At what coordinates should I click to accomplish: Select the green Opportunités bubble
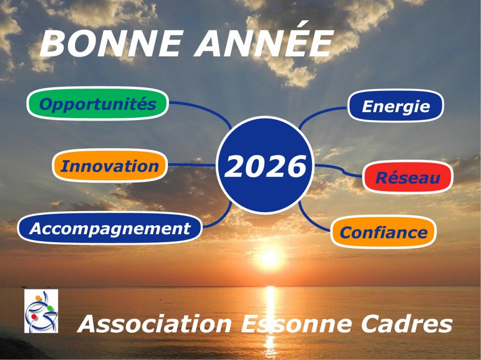[x=98, y=104]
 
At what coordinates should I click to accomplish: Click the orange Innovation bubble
[x=110, y=166]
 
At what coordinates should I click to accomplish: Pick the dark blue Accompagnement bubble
[x=110, y=228]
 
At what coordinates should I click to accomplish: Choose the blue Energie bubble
[x=396, y=106]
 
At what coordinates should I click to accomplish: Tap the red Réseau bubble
[x=408, y=177]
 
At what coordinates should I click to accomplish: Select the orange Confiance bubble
[x=383, y=232]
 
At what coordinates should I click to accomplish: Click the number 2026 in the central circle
[x=265, y=166]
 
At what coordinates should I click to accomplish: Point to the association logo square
[x=41, y=311]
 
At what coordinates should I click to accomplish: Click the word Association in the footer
[x=155, y=323]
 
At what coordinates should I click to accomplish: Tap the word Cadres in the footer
[x=407, y=323]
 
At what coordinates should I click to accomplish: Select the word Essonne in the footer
[x=296, y=323]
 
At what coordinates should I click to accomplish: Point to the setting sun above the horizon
[x=270, y=257]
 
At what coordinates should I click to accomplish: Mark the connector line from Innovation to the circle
[x=192, y=165]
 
